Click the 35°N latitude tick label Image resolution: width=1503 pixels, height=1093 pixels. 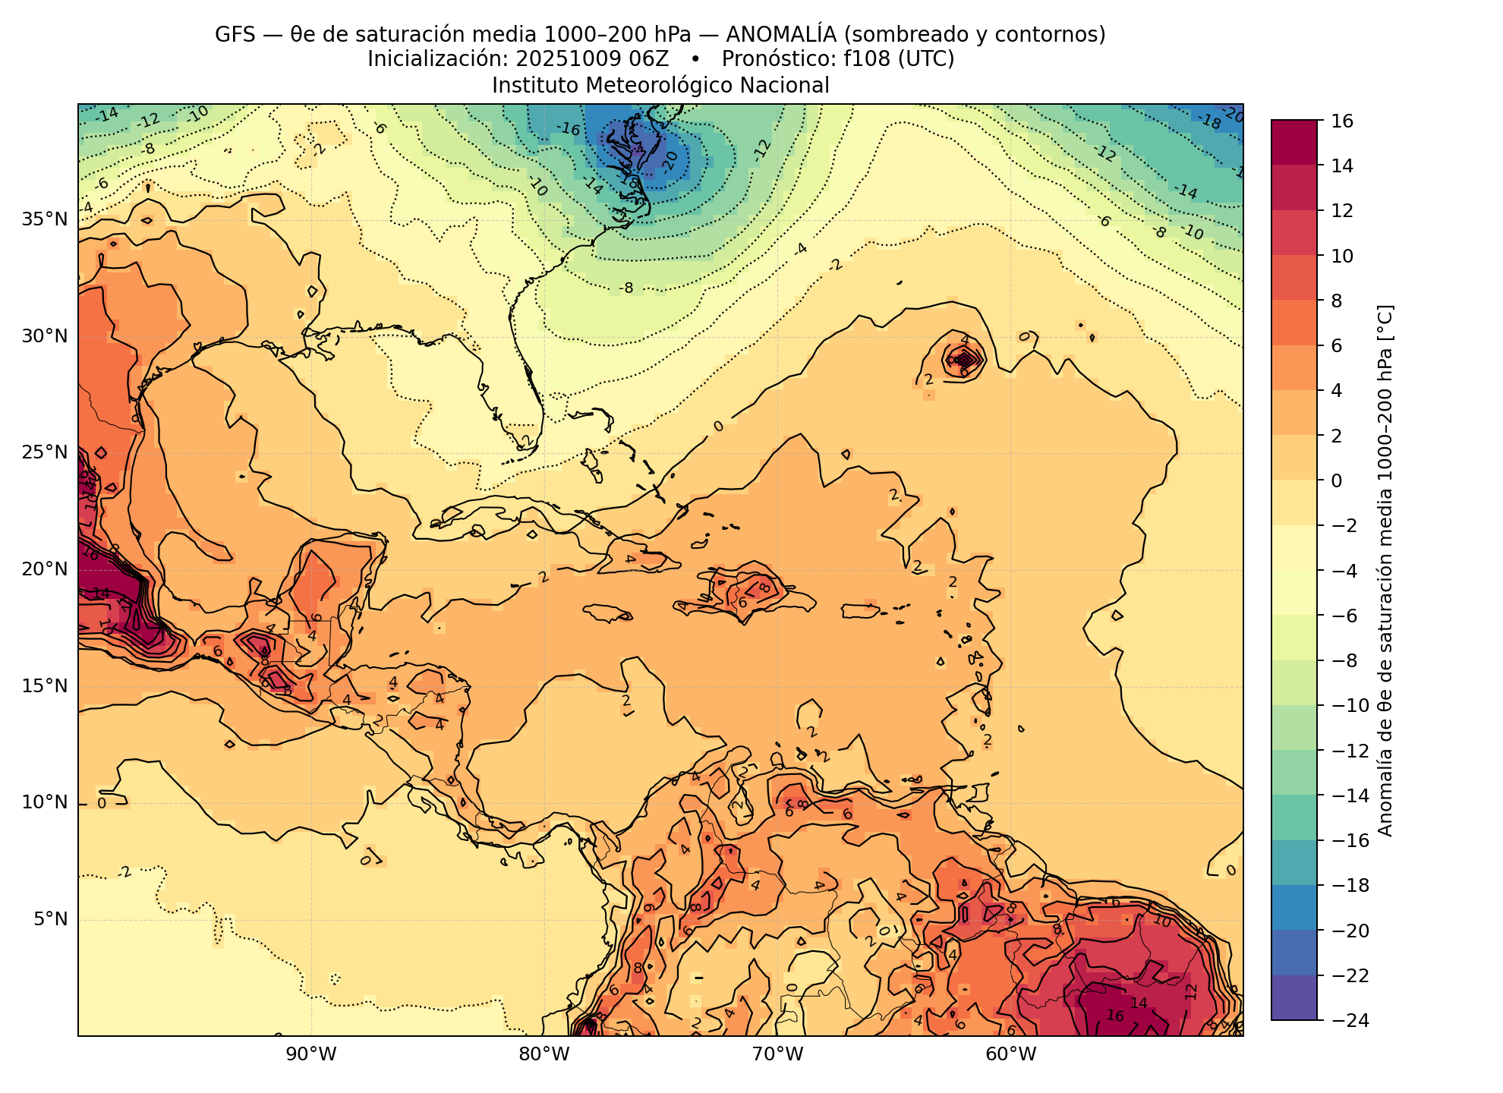pyautogui.click(x=45, y=219)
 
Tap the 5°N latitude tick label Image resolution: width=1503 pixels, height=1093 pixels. pyautogui.click(x=50, y=919)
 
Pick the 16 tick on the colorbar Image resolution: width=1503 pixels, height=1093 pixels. pyautogui.click(x=1341, y=121)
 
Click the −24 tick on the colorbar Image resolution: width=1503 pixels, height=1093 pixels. pyautogui.click(x=1348, y=1020)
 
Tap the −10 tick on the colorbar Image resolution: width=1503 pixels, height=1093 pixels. pyautogui.click(x=1348, y=705)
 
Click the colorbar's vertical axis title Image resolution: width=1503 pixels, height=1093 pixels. pyautogui.click(x=1385, y=570)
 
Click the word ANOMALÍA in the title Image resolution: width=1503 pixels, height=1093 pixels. pyautogui.click(x=782, y=35)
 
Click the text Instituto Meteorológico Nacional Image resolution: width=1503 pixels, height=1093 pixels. pyautogui.click(x=660, y=85)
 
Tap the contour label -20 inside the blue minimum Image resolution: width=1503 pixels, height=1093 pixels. pyautogui.click(x=670, y=162)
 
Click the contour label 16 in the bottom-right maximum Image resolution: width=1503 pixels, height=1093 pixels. pyautogui.click(x=1115, y=1016)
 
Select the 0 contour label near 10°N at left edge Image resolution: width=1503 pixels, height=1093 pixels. pyautogui.click(x=102, y=803)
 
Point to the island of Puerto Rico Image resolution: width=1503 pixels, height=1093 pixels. pyautogui.click(x=861, y=611)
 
